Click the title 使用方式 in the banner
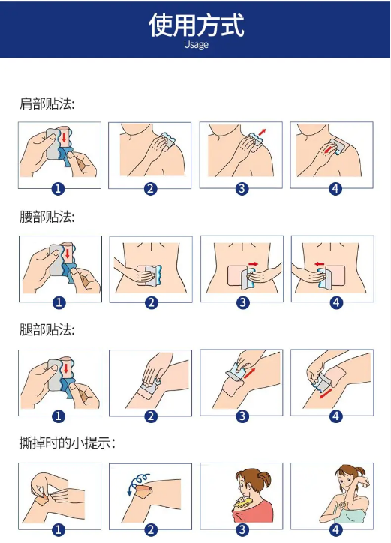coord(197,25)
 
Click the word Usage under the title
coord(196,45)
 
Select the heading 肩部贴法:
coord(47,103)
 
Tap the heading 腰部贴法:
coord(47,217)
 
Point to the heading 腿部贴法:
coord(47,330)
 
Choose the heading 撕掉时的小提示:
coord(68,443)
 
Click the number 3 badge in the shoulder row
coord(242,189)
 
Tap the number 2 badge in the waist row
coord(151,303)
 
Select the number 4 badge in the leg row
coord(335,416)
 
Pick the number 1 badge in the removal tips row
coord(59,529)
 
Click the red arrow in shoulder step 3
coord(262,132)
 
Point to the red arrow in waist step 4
coord(319,264)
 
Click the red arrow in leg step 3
coord(250,373)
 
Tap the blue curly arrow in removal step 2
coord(138,481)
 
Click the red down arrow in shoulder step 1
coord(64,137)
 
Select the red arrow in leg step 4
coord(326,394)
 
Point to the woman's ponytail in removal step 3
coord(265,481)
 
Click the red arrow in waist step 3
coord(254,264)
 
